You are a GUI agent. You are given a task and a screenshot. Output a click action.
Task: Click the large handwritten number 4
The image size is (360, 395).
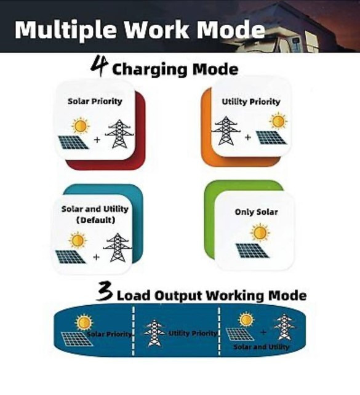[x=99, y=66]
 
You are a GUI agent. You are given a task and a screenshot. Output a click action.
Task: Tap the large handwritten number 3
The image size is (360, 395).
[x=105, y=292]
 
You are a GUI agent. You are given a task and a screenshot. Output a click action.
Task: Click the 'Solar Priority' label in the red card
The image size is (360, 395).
[x=95, y=102]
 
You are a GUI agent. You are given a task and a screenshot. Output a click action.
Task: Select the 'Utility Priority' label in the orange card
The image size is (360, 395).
[x=251, y=102]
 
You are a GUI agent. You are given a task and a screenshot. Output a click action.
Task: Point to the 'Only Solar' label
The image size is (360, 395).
[x=256, y=212]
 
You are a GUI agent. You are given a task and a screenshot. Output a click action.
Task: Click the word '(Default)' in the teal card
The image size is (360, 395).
[x=95, y=220]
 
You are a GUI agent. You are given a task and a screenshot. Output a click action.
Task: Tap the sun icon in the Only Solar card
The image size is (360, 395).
[x=260, y=233]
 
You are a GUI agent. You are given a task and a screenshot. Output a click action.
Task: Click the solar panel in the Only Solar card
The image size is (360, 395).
[x=252, y=250]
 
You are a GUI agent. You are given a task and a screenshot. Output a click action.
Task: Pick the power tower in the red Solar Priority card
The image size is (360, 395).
[x=119, y=134]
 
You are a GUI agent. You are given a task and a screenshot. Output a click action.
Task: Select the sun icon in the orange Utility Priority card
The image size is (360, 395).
[x=278, y=121]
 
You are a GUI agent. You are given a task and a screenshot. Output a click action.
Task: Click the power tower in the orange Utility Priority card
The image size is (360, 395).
[x=226, y=130]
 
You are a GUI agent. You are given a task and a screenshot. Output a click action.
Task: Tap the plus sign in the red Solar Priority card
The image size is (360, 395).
[x=97, y=140]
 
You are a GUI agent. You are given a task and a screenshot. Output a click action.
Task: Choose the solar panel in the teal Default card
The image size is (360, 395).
[x=70, y=257]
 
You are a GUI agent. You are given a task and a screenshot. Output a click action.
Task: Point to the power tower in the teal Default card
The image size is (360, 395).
[x=118, y=247]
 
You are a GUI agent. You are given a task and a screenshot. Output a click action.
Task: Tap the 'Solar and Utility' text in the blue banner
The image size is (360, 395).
[x=262, y=347]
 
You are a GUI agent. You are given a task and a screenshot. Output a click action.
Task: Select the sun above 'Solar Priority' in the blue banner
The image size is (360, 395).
[x=84, y=322]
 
